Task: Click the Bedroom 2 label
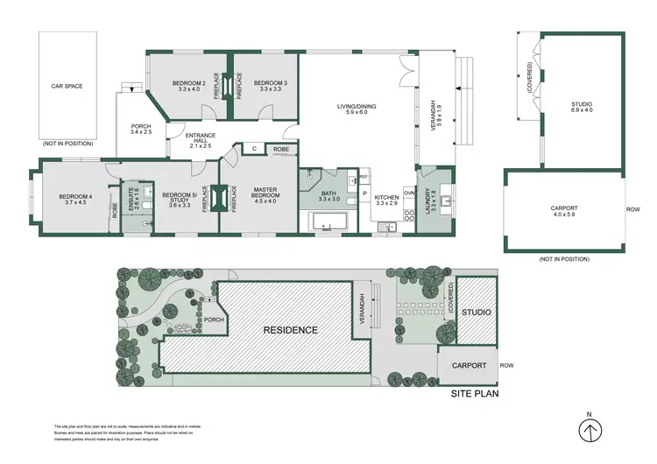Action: (x=191, y=86)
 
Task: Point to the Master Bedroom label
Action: (x=265, y=193)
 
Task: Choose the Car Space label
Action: (x=67, y=87)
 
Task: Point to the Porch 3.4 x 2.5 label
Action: (x=141, y=128)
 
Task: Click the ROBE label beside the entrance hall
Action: (x=281, y=150)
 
